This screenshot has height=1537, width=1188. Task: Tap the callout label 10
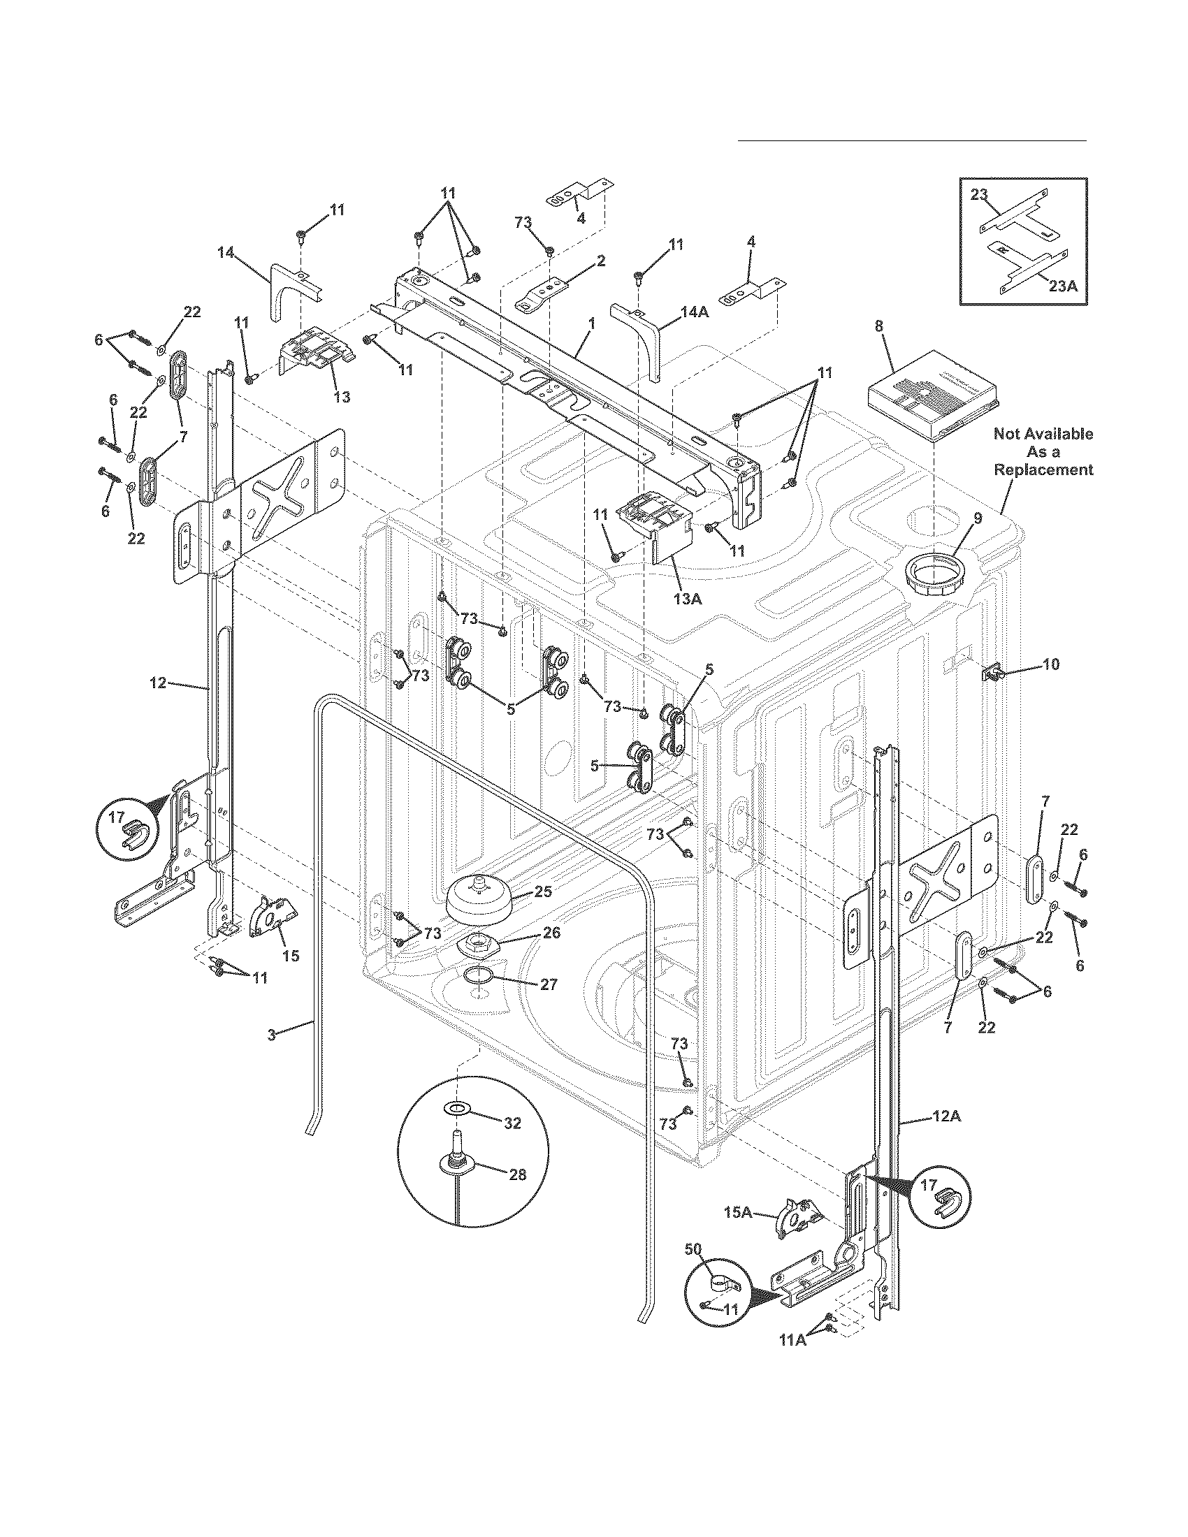tap(1050, 664)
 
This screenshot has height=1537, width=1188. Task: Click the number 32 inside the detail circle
tap(512, 1123)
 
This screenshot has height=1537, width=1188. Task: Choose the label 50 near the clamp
tap(693, 1249)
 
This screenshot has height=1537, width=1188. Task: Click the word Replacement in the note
tap(1043, 469)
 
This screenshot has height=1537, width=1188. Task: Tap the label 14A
tap(694, 312)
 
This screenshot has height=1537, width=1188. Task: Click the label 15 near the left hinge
tap(290, 955)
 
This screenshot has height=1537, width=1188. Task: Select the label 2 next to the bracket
tap(600, 261)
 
